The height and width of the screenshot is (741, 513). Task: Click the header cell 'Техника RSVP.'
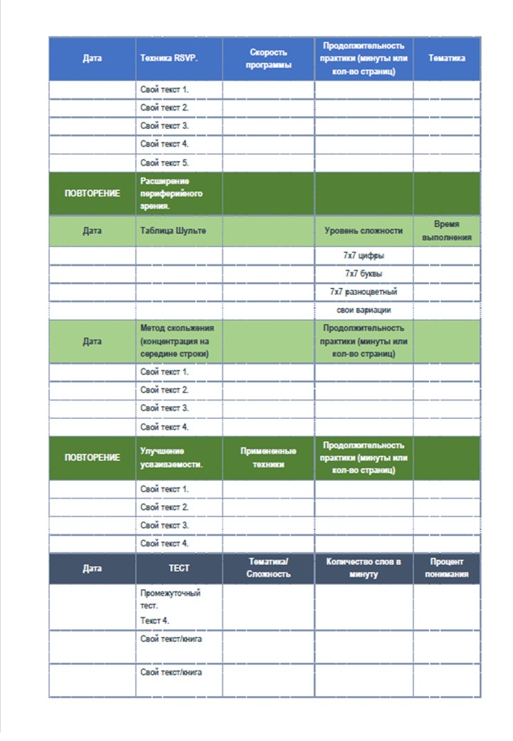[169, 58]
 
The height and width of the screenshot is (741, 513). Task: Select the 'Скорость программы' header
[269, 58]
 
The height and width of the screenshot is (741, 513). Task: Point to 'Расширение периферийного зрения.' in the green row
[172, 193]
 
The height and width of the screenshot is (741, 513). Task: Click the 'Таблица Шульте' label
[169, 231]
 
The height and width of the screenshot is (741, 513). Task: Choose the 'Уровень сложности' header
[363, 231]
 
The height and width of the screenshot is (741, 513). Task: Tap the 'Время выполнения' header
[447, 230]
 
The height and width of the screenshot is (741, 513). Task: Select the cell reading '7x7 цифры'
[363, 255]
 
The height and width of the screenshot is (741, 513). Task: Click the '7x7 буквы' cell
[363, 274]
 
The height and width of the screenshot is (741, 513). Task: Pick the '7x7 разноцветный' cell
[363, 292]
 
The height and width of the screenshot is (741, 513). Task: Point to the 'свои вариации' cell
[363, 311]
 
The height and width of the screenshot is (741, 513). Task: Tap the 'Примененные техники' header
[269, 457]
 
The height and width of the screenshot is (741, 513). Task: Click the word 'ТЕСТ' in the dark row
[178, 569]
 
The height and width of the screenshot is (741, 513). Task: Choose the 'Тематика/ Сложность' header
[269, 568]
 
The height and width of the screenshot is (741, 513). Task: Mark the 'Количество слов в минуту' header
[363, 568]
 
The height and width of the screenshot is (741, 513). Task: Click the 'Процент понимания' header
[447, 568]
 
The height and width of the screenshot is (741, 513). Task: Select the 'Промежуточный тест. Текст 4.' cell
[171, 606]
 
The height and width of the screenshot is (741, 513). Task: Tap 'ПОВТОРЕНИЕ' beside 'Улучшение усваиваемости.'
[92, 457]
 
